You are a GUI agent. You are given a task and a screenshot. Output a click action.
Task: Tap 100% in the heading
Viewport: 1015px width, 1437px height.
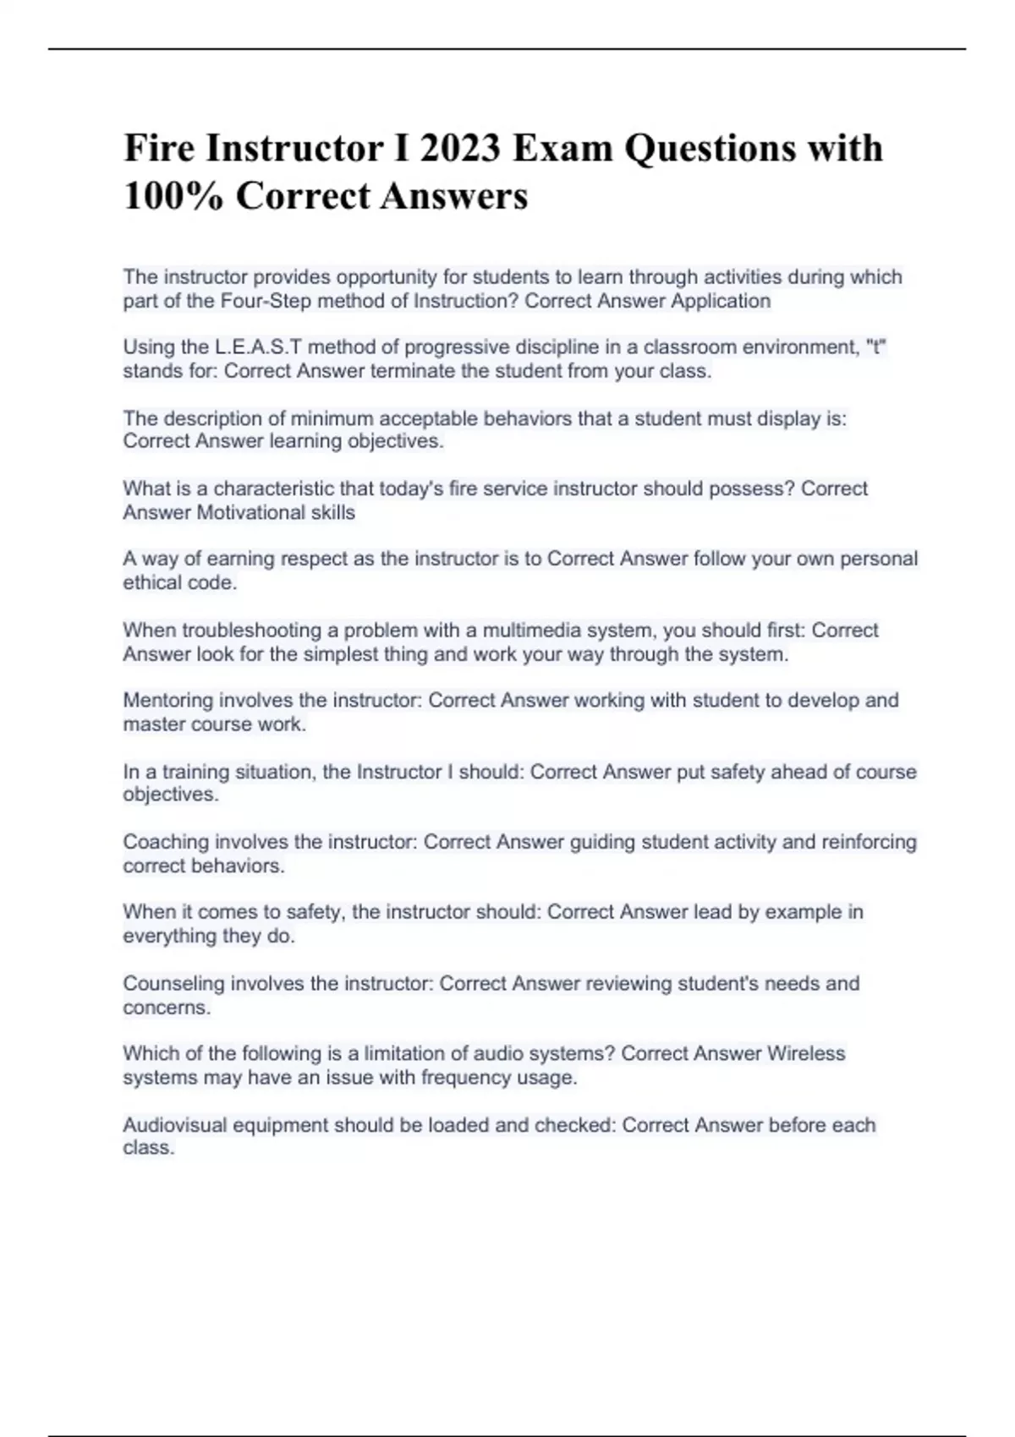173,196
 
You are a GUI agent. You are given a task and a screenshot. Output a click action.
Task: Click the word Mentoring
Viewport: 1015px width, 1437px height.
168,701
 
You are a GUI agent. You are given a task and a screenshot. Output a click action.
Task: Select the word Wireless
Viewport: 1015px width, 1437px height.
806,1054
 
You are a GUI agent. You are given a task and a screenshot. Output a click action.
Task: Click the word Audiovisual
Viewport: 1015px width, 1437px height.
174,1125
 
